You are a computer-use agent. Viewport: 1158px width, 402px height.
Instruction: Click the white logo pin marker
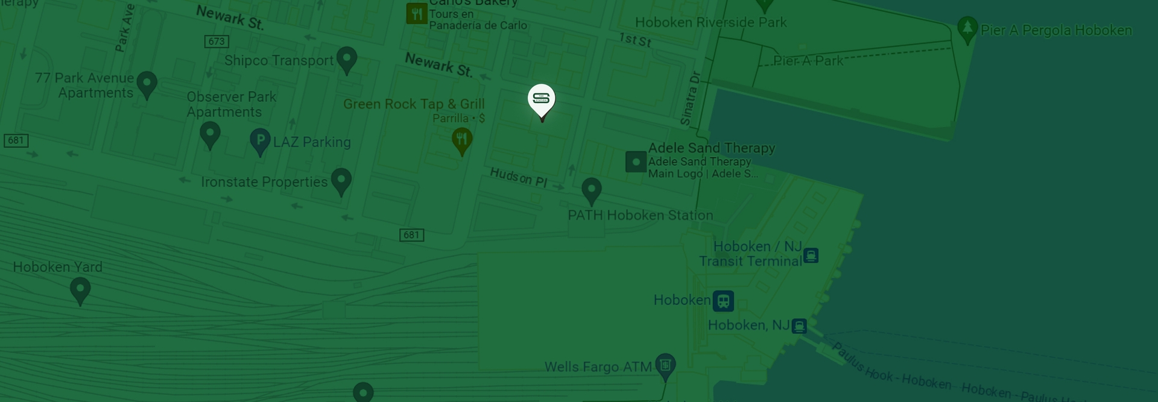[541, 99]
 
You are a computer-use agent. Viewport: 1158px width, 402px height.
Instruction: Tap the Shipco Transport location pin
[346, 59]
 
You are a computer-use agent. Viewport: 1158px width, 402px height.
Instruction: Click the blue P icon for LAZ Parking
[260, 141]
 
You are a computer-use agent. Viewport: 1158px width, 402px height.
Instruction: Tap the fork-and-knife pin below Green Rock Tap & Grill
[462, 140]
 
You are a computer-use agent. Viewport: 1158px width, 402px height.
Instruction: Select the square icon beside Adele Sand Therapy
[636, 162]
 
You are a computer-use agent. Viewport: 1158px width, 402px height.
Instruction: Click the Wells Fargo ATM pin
[665, 365]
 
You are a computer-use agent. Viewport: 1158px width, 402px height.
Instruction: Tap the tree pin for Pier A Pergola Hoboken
[967, 28]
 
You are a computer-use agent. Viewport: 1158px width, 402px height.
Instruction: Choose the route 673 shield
[217, 41]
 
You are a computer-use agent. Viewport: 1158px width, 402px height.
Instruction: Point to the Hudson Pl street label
[518, 177]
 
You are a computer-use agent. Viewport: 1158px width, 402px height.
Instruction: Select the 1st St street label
[635, 40]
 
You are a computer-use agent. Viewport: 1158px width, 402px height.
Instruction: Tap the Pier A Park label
[808, 61]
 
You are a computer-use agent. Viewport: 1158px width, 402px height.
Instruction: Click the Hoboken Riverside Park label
[710, 22]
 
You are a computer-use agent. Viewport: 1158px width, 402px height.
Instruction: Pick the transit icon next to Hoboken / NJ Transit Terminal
[811, 256]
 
